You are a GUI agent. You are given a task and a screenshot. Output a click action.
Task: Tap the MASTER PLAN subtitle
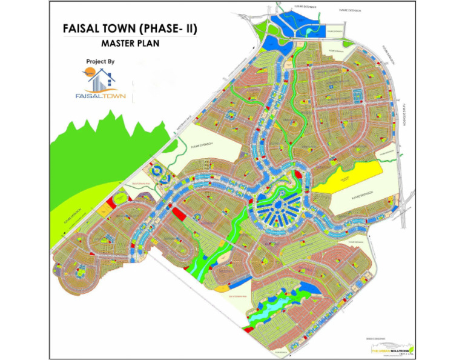[x=130, y=44]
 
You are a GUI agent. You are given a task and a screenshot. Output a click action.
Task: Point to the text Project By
[x=101, y=62]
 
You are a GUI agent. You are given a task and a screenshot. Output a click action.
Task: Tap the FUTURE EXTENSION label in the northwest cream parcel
[x=203, y=146]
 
